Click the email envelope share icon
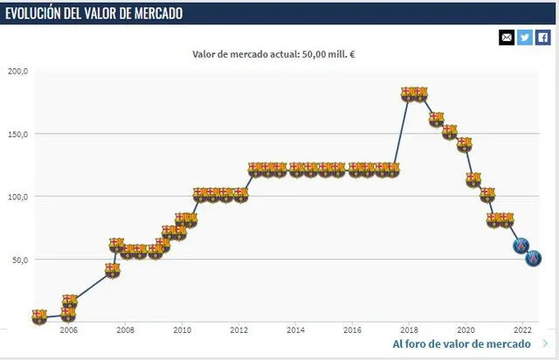(507, 37)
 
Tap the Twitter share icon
(525, 37)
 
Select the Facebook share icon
(542, 37)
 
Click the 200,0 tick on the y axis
(17, 71)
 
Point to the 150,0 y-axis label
(17, 134)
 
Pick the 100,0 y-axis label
(17, 197)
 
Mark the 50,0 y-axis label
(19, 260)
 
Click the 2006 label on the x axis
(68, 330)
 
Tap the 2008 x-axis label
(125, 330)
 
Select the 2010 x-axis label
(182, 330)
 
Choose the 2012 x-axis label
(238, 330)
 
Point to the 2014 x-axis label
(295, 330)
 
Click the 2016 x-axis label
(352, 330)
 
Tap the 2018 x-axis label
(409, 330)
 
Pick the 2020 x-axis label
(466, 330)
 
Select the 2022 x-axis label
(522, 330)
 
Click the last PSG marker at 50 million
(533, 259)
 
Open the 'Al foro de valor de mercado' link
(461, 344)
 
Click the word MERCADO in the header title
(175, 14)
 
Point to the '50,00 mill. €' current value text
(332, 53)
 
